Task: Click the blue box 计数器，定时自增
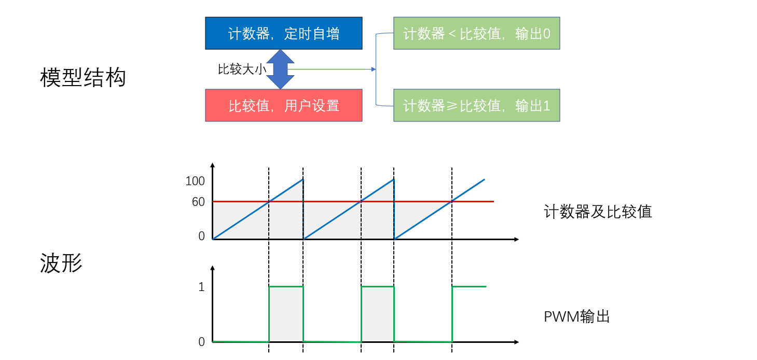point(283,34)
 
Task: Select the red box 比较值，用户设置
point(283,105)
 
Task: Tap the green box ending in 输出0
point(476,34)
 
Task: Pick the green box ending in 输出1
point(476,105)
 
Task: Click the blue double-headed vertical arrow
point(280,69)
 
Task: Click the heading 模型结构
point(83,78)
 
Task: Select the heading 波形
point(61,263)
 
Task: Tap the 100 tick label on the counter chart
point(195,182)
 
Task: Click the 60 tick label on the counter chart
point(198,202)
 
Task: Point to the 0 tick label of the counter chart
point(201,237)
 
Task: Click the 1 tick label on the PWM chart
point(201,287)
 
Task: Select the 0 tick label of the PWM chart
point(201,342)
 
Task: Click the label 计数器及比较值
point(598,212)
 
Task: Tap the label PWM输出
point(576,316)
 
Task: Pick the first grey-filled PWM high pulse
point(286,314)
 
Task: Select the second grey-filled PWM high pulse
point(377,314)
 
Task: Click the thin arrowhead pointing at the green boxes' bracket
point(374,69)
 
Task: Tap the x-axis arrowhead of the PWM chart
point(516,342)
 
